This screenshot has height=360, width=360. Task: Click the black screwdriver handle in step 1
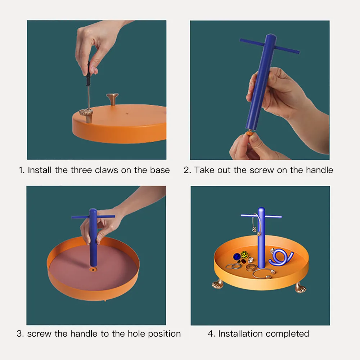point(88,73)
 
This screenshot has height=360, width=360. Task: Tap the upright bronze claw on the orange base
point(112,99)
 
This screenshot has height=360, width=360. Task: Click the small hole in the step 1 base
point(127,113)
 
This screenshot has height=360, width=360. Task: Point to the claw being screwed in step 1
point(86,116)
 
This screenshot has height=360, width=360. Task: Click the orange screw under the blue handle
point(249,133)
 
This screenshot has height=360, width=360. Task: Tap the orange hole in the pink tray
point(93,269)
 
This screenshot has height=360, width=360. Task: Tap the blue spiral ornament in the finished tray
point(281,257)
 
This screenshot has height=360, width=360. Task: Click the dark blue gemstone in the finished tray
point(237,256)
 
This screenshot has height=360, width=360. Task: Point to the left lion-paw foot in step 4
point(218,284)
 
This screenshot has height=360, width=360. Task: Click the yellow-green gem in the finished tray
point(245,255)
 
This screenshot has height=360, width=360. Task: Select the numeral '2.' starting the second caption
point(187,170)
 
